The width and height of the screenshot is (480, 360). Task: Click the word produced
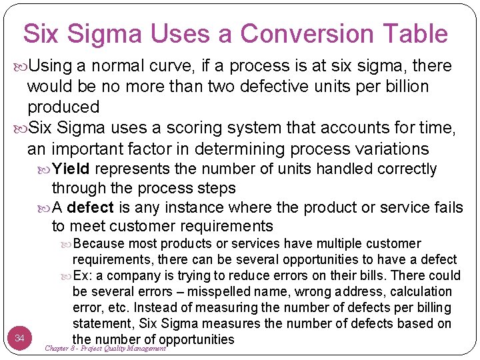[x=63, y=107]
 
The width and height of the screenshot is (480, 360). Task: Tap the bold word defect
[x=90, y=208]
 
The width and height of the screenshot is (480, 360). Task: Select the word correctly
[x=407, y=169]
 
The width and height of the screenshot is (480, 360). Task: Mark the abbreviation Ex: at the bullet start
[x=83, y=276]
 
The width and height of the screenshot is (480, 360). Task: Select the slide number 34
[x=20, y=339]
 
